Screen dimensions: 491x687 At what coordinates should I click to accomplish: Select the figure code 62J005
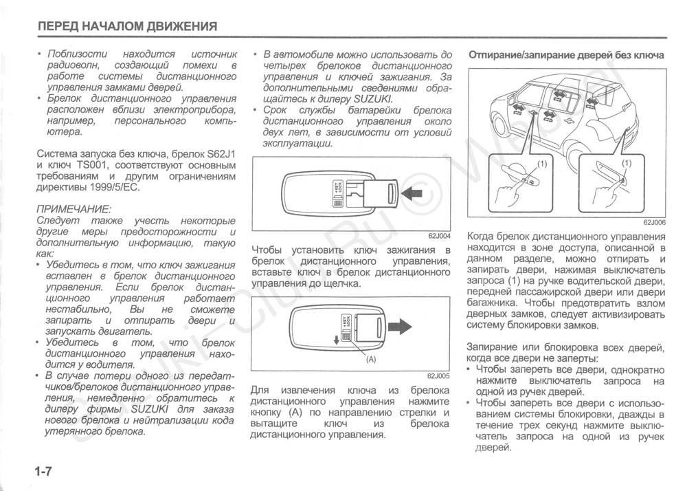tap(438, 376)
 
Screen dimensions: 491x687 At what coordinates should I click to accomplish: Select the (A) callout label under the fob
tap(372, 360)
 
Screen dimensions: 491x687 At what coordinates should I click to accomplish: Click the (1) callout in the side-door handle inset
tap(541, 164)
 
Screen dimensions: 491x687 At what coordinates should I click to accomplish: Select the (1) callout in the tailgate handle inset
tap(625, 164)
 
